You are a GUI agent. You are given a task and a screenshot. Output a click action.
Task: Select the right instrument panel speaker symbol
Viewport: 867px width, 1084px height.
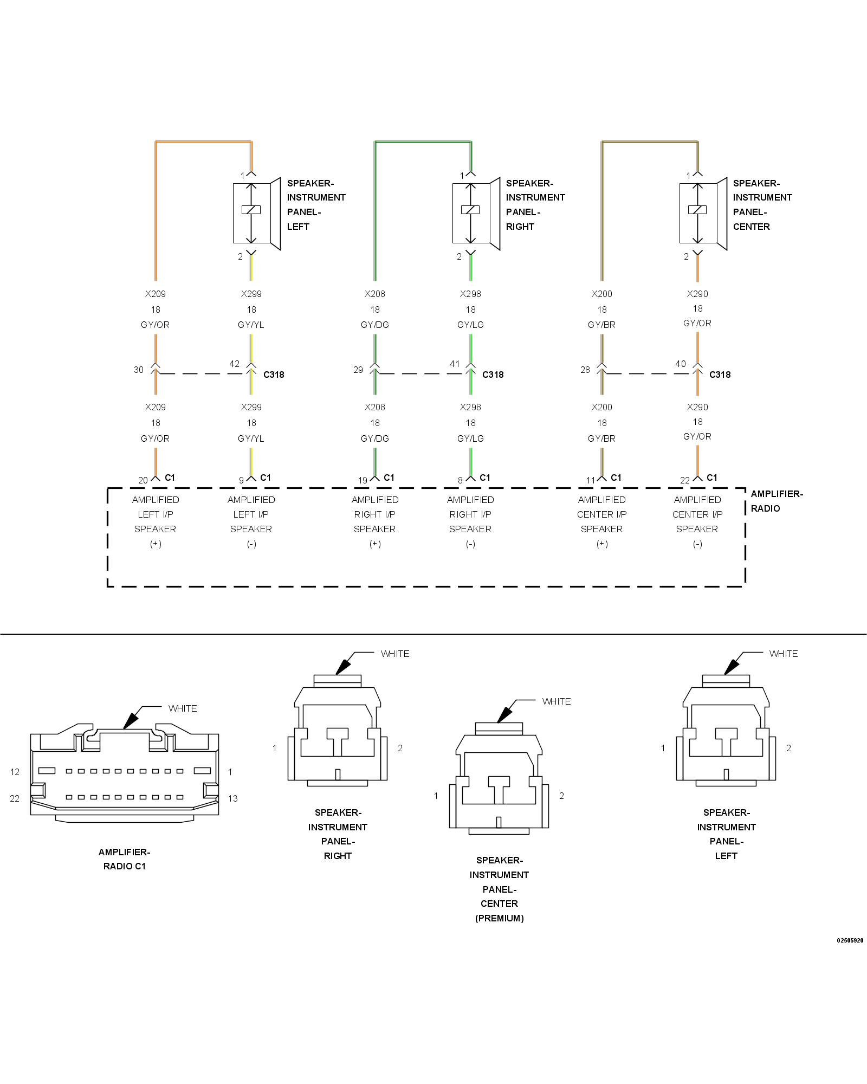click(x=476, y=214)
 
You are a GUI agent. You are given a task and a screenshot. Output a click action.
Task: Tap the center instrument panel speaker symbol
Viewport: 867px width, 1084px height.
click(x=703, y=214)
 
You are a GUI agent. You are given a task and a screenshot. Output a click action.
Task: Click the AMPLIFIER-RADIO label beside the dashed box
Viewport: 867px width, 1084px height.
click(x=776, y=501)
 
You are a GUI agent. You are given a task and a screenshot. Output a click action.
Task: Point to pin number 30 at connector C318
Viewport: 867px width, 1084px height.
click(x=139, y=370)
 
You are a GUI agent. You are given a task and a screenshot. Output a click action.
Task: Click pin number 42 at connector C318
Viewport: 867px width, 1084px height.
click(x=234, y=364)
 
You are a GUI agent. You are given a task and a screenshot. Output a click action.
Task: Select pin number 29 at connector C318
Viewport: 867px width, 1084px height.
click(x=358, y=370)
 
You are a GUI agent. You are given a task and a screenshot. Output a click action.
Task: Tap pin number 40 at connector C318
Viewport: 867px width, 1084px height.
click(x=680, y=364)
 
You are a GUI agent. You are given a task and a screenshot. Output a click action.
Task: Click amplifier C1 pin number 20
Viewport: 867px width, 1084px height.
click(x=143, y=480)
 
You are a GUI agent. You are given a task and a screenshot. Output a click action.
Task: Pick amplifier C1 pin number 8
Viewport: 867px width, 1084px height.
click(x=460, y=480)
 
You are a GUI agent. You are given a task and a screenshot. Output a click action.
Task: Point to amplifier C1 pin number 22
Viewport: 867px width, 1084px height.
click(x=685, y=480)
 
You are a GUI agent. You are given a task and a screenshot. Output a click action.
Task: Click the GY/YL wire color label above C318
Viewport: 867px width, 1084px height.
click(x=251, y=325)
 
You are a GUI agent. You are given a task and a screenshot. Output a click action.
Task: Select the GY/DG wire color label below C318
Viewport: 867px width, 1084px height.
click(x=375, y=438)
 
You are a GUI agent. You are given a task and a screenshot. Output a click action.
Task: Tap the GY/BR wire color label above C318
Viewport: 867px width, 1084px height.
click(x=601, y=325)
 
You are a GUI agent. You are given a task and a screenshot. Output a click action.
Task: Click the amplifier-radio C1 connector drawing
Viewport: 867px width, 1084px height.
click(x=125, y=775)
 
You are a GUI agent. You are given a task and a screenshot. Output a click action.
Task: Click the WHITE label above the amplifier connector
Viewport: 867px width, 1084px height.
click(x=183, y=708)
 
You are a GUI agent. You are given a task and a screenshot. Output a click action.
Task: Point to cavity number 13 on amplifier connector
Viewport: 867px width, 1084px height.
click(x=232, y=798)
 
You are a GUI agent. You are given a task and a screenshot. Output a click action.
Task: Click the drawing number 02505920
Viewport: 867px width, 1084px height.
click(x=850, y=940)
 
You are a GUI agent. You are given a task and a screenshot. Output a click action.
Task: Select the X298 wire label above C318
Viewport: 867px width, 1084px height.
click(x=470, y=294)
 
